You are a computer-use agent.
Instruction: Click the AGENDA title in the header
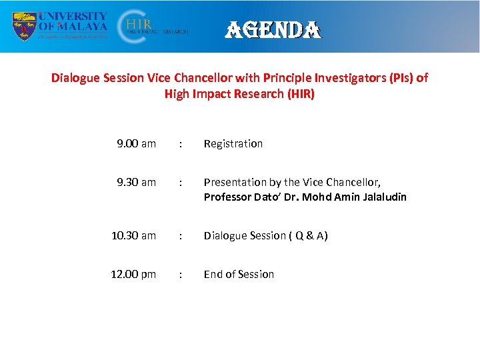[x=274, y=29]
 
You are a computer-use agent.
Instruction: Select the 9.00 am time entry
[x=136, y=143]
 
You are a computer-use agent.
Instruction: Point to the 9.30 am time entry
[x=136, y=182]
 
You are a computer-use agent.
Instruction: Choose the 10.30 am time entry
[x=133, y=235]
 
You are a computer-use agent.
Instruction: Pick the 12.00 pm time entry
[x=133, y=274]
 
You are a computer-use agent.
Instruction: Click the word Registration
[x=233, y=143]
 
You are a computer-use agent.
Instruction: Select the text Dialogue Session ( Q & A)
[x=265, y=235]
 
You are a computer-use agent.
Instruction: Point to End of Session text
[x=239, y=274]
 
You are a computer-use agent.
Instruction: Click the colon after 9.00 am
[x=180, y=143]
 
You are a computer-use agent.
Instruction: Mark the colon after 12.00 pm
[x=180, y=274]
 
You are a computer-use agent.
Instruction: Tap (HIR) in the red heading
[x=301, y=94]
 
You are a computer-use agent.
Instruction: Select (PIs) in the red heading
[x=399, y=78]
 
